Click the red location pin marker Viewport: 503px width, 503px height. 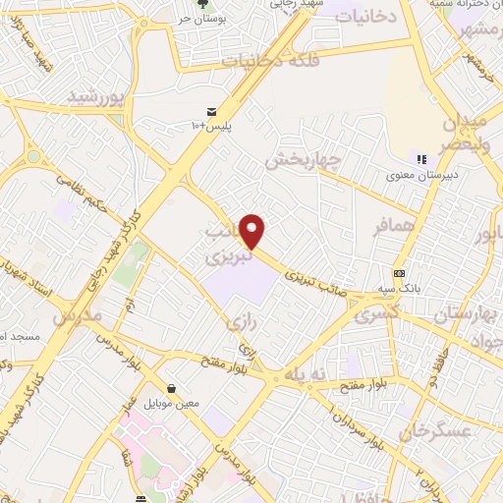253,231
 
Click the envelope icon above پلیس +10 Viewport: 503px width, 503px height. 212,111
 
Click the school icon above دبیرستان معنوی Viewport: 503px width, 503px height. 421,160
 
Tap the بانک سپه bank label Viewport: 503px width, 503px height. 406,291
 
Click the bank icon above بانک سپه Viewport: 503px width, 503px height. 399,273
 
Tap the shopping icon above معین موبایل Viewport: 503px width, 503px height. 173,388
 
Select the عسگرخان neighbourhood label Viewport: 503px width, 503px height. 443,430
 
